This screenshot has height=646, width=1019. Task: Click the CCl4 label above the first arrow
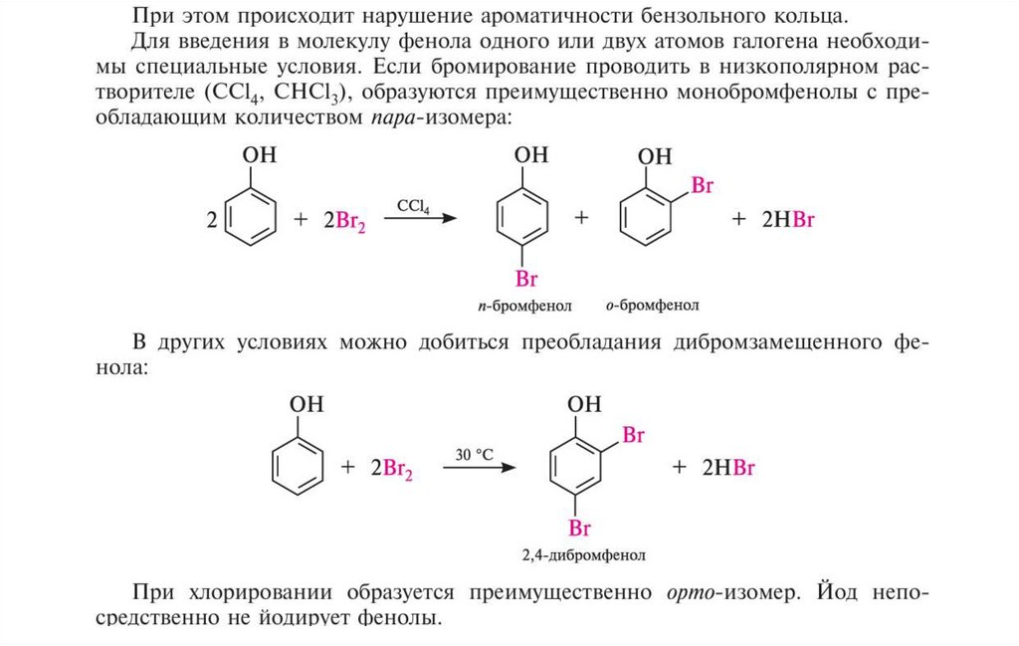point(414,206)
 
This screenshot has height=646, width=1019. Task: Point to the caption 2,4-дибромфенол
point(590,553)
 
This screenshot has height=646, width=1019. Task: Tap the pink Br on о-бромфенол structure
point(702,186)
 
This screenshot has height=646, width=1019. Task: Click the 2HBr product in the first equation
point(788,221)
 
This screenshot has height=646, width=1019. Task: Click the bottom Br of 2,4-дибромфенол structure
point(581,528)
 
